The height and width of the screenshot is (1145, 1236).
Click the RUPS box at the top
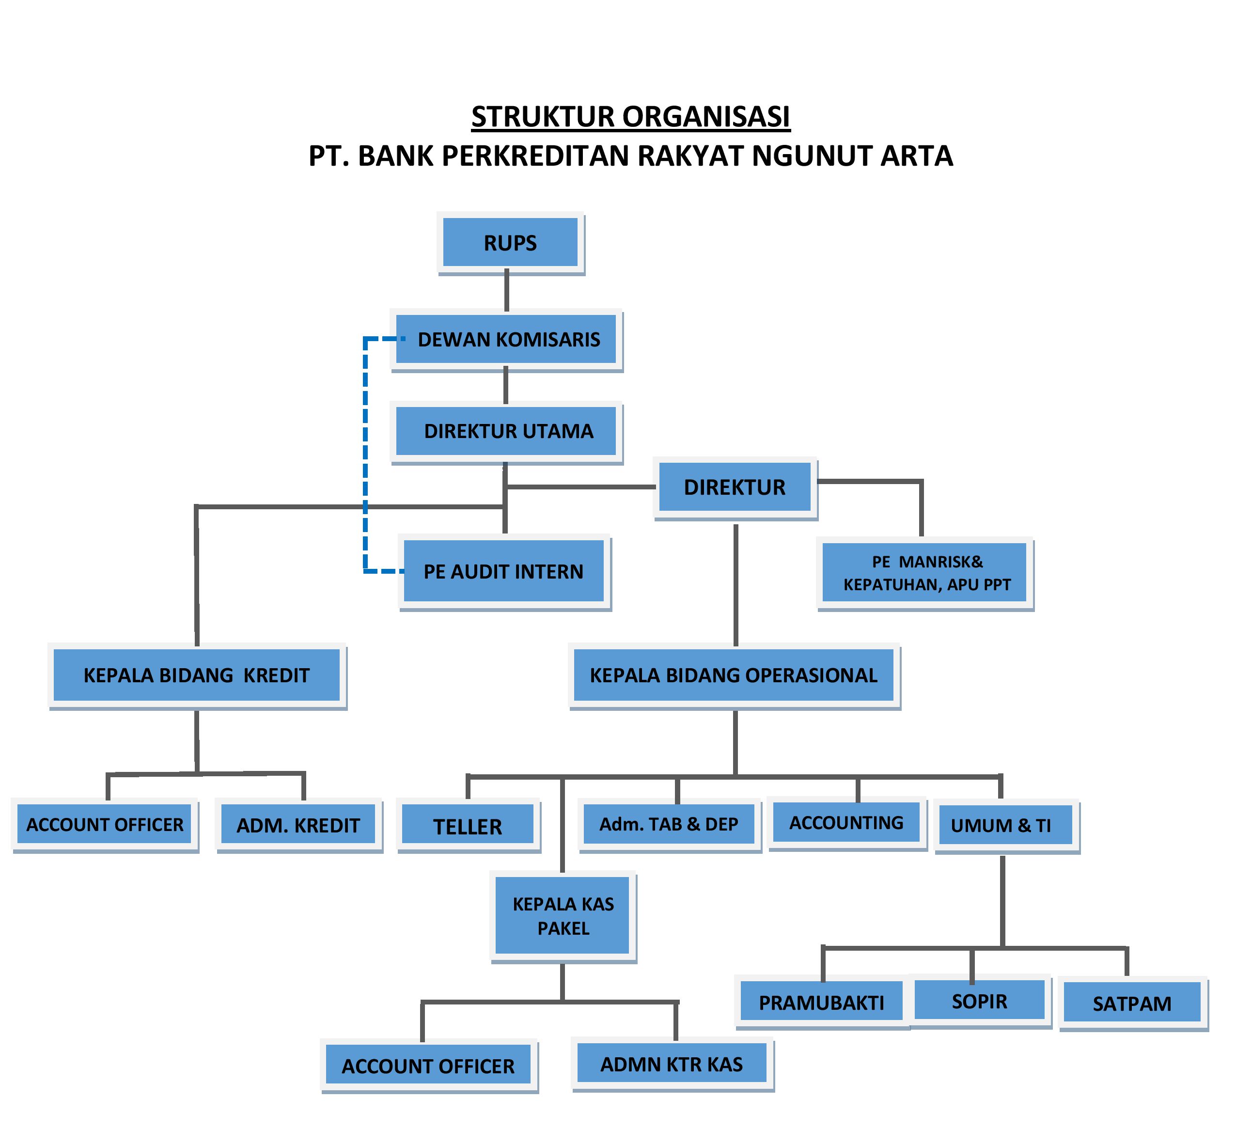click(x=510, y=242)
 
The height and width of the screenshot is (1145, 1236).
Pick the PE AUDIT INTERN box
click(x=503, y=571)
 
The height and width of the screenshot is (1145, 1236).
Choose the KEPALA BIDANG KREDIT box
click(x=196, y=674)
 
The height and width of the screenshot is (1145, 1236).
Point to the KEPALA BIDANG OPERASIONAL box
click(x=733, y=674)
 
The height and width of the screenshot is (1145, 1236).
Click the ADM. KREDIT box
click(x=298, y=825)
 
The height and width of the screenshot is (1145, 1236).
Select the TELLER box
click(x=467, y=825)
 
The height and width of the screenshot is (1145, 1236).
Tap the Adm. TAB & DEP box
click(x=669, y=824)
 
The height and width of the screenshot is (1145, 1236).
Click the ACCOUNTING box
click(x=845, y=822)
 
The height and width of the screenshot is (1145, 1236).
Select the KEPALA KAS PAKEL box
click(x=562, y=915)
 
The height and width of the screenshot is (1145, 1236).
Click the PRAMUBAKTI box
click(x=821, y=1002)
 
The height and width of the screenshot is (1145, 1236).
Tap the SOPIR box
click(x=979, y=1001)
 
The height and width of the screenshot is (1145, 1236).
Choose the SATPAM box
click(x=1131, y=1003)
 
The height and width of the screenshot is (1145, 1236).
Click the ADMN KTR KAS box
click(x=671, y=1064)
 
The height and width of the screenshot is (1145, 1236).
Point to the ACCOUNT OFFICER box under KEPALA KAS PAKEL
click(x=427, y=1066)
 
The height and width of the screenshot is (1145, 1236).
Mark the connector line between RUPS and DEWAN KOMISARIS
click(x=506, y=290)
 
